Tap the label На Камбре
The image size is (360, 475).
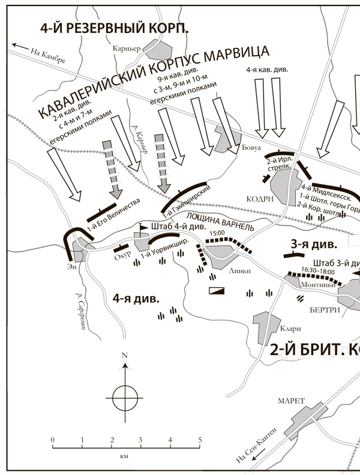[x=46, y=54]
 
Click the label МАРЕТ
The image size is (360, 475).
[x=292, y=401]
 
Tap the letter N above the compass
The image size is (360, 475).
[x=125, y=355]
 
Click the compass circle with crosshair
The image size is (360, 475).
[x=125, y=396]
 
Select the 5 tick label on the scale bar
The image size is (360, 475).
[x=200, y=441]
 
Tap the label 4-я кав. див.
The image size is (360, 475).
[x=267, y=70]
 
